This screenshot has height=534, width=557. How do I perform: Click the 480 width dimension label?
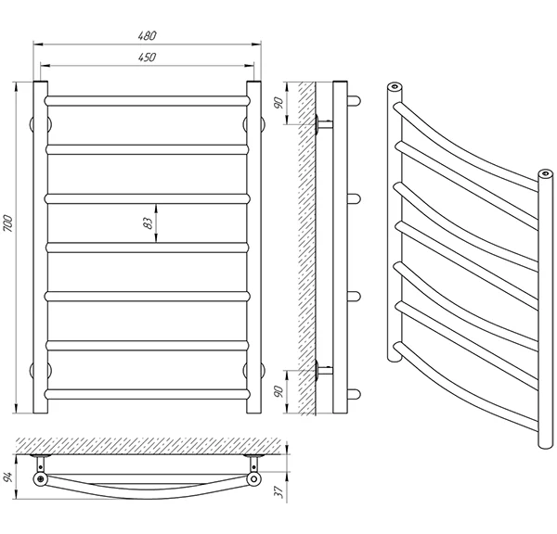pyautogui.click(x=147, y=36)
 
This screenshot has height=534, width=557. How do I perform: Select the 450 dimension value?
pyautogui.click(x=147, y=57)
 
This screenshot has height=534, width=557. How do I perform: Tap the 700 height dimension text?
pyautogui.click(x=8, y=223)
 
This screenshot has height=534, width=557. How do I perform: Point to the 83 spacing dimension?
pyautogui.click(x=149, y=222)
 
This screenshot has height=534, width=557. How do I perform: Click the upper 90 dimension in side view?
pyautogui.click(x=279, y=102)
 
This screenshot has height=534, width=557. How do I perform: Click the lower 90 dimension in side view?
pyautogui.click(x=279, y=391)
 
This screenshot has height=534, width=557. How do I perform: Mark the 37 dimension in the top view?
pyautogui.click(x=279, y=491)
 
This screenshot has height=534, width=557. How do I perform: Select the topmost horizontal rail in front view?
pyautogui.click(x=147, y=101)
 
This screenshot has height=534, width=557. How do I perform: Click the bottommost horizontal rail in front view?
pyautogui.click(x=147, y=394)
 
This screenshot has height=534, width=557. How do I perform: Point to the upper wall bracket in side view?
pyautogui.click(x=324, y=124)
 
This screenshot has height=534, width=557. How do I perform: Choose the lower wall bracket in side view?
pyautogui.click(x=324, y=370)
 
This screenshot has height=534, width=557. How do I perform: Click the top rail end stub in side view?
pyautogui.click(x=355, y=101)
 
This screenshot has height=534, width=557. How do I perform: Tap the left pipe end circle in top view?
pyautogui.click(x=41, y=479)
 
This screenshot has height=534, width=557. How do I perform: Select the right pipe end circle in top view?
pyautogui.click(x=254, y=479)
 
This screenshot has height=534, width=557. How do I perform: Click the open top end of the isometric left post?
pyautogui.click(x=395, y=86)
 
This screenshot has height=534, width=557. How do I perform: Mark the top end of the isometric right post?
pyautogui.click(x=546, y=173)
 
